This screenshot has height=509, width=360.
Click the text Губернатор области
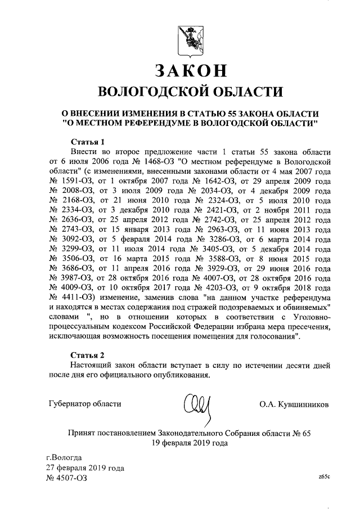pyautogui.click(x=84, y=404)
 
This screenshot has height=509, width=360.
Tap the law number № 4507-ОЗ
pyautogui.click(x=66, y=478)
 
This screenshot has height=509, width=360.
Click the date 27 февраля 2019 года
pyautogui.click(x=85, y=467)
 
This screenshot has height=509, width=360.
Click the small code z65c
pyautogui.click(x=323, y=476)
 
